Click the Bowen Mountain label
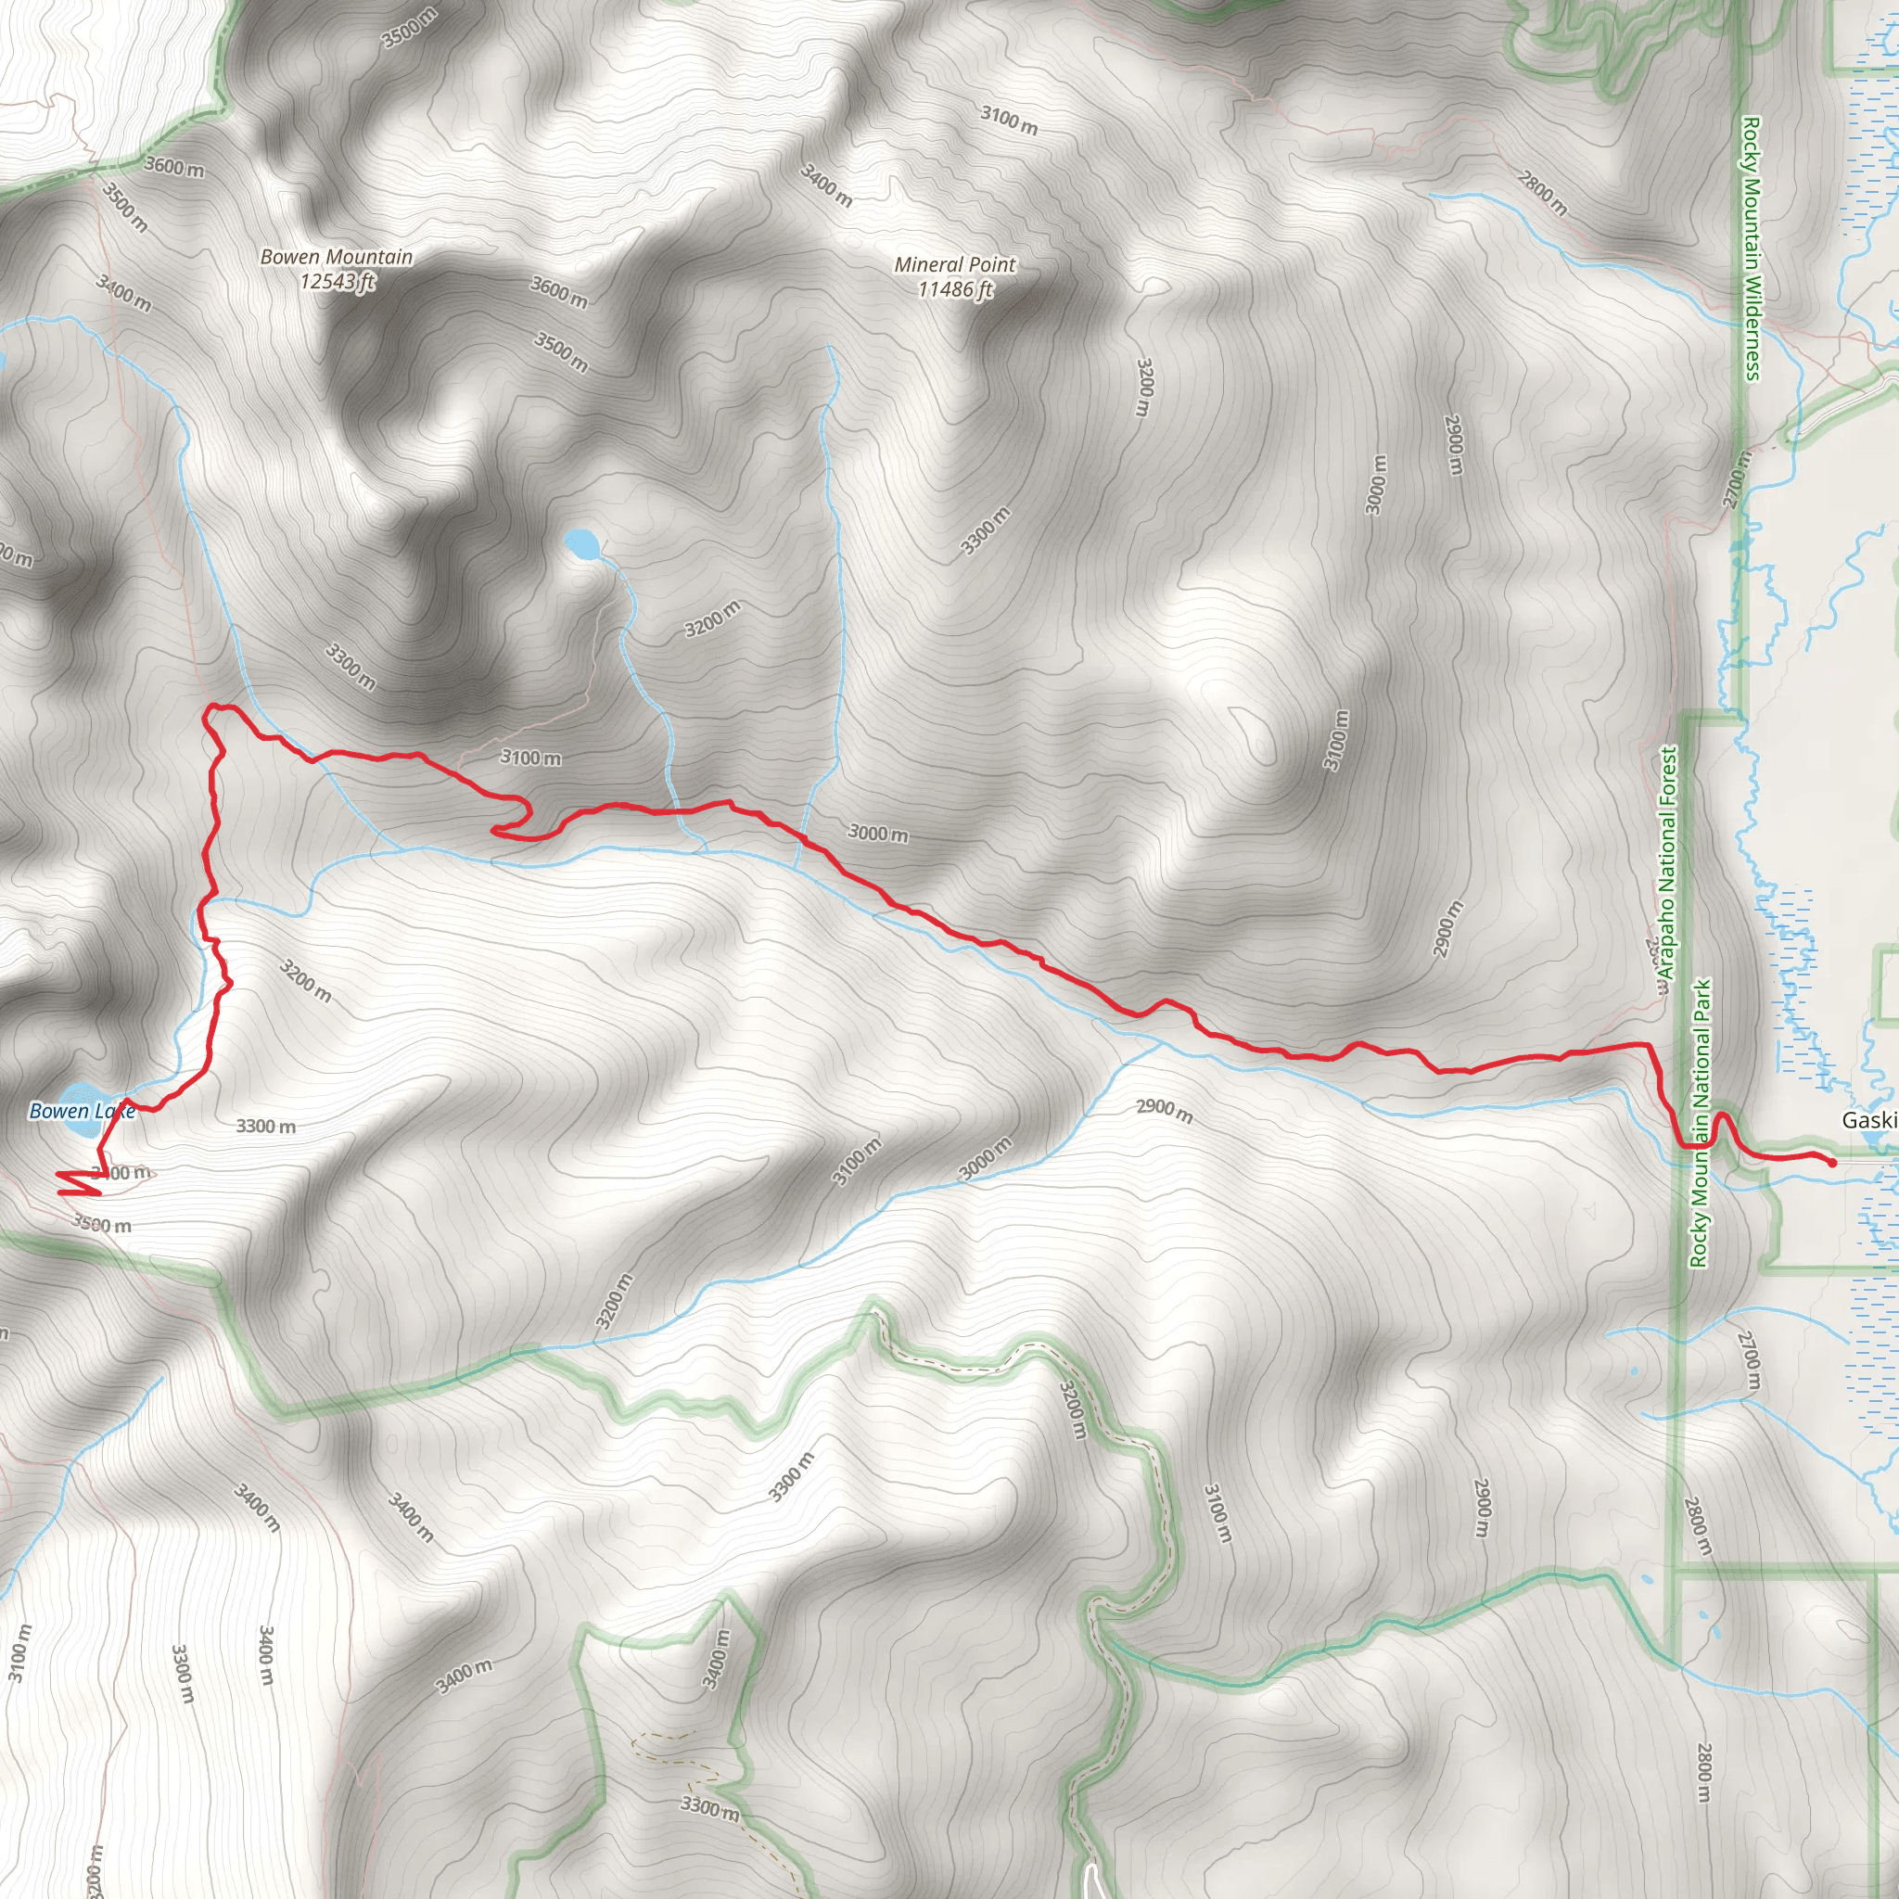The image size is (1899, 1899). pos(337,258)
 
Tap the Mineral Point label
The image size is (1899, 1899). pos(954,265)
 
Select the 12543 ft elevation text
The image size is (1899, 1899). pos(338,282)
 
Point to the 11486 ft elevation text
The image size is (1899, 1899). pos(954,290)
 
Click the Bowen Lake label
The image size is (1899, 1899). pos(82,1112)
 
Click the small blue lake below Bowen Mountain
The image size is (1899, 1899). pos(582,542)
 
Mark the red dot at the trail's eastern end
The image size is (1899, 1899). pos(1832,1163)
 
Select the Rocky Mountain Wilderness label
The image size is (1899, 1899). pos(1751,248)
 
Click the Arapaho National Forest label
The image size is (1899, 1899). pos(1667,862)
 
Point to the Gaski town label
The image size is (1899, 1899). pos(1868,1120)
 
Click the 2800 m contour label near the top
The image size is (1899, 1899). pos(1542,194)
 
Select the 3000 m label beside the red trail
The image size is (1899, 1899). pos(878,834)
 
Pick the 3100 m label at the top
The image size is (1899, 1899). pos(1009,120)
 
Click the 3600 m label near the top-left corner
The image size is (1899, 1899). pos(174,167)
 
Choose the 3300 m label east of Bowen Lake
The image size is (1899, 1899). pos(265,1127)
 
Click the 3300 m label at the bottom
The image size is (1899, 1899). pos(708,1806)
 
